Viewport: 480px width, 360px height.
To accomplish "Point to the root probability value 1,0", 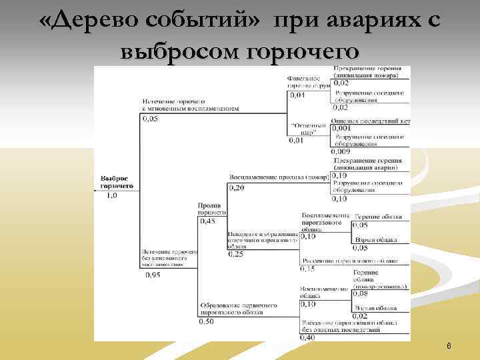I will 112,195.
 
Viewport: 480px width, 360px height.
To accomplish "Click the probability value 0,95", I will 151,273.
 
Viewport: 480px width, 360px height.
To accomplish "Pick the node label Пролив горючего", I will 212,209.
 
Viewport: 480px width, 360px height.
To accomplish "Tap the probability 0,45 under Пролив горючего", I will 207,221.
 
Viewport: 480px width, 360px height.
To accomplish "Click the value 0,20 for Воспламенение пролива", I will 237,188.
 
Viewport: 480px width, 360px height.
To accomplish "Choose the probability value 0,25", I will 237,253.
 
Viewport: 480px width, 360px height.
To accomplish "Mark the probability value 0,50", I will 207,321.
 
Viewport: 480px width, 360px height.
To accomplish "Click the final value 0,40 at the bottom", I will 308,337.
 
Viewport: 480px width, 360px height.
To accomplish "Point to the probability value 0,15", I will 308,269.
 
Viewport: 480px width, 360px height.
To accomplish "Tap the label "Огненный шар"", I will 308,128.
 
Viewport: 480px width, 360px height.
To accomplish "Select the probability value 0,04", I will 297,95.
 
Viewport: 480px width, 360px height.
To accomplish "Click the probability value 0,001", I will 342,128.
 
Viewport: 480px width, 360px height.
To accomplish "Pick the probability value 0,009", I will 342,151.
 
